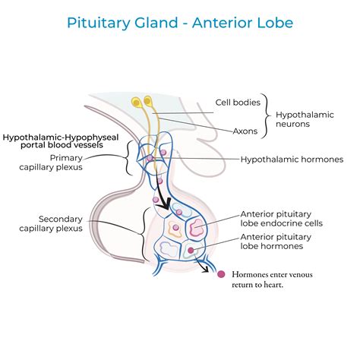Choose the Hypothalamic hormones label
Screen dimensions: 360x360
point(292,159)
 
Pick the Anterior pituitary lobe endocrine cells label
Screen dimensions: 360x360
point(281,219)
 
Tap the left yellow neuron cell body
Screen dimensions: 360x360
point(137,101)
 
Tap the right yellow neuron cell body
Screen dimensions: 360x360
point(148,99)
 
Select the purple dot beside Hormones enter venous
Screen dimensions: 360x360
point(221,275)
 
